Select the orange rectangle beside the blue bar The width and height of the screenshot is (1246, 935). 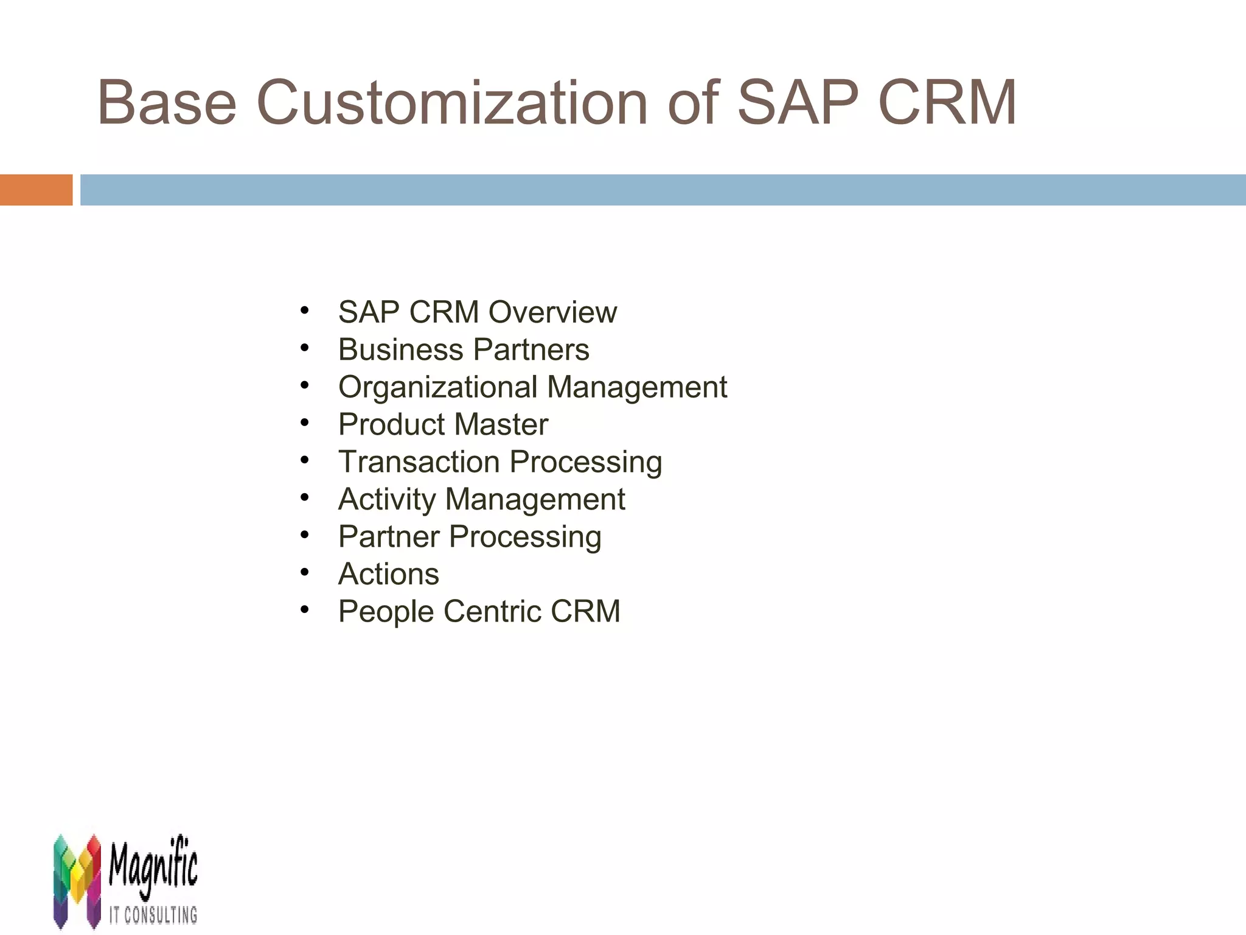[36, 190]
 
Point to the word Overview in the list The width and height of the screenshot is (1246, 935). [552, 312]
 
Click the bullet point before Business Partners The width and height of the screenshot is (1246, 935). [305, 349]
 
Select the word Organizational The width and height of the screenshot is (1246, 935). [438, 387]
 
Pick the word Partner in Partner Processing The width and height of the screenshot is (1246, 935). [389, 537]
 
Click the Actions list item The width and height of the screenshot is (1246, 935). [388, 574]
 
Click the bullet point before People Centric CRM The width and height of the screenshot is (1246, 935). [305, 609]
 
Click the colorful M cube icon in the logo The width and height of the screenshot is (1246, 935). [77, 880]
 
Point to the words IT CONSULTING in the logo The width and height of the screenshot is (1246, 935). [153, 914]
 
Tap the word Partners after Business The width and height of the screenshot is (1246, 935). [531, 350]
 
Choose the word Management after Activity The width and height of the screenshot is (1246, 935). [535, 499]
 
